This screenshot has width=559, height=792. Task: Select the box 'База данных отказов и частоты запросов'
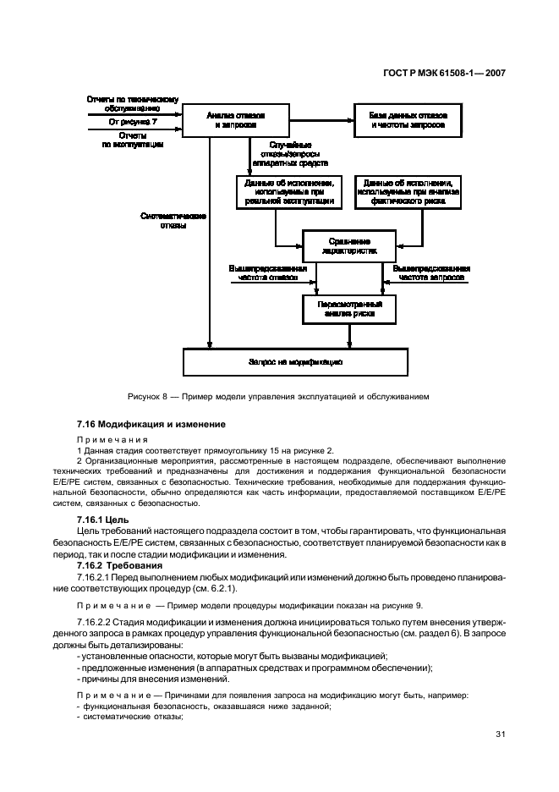(x=408, y=120)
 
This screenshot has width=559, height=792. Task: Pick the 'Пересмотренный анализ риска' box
(x=349, y=308)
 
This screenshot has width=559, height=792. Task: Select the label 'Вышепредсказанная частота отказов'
(x=262, y=272)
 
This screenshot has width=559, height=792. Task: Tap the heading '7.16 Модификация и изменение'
(x=151, y=423)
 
